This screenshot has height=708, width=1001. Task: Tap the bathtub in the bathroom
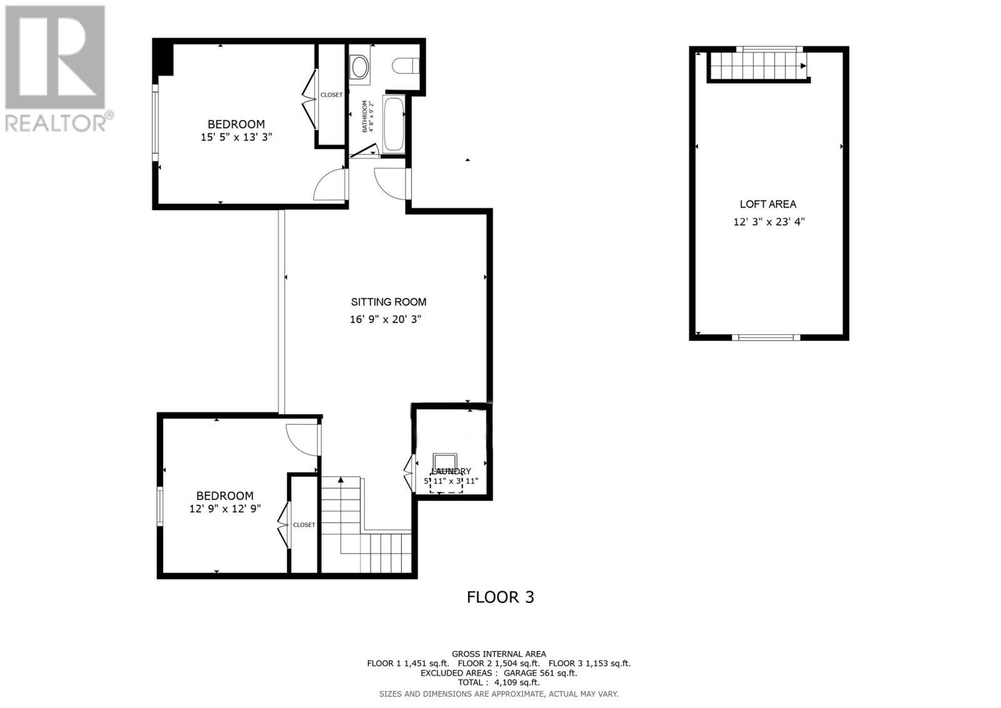(394, 124)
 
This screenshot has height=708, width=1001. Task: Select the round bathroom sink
(359, 66)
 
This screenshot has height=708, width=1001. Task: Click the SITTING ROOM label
(388, 302)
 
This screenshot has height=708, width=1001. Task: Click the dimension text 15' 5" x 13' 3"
(236, 137)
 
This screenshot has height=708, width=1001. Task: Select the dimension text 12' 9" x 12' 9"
(225, 509)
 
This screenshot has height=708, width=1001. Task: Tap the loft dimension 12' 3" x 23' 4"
(768, 222)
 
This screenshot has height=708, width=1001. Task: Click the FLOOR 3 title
(500, 597)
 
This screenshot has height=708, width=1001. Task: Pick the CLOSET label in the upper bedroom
(331, 95)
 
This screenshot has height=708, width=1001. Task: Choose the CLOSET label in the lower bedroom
(304, 525)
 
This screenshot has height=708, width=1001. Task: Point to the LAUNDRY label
(450, 471)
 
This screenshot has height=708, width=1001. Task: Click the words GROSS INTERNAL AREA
(499, 654)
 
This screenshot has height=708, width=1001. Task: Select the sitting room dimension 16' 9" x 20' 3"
(385, 319)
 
